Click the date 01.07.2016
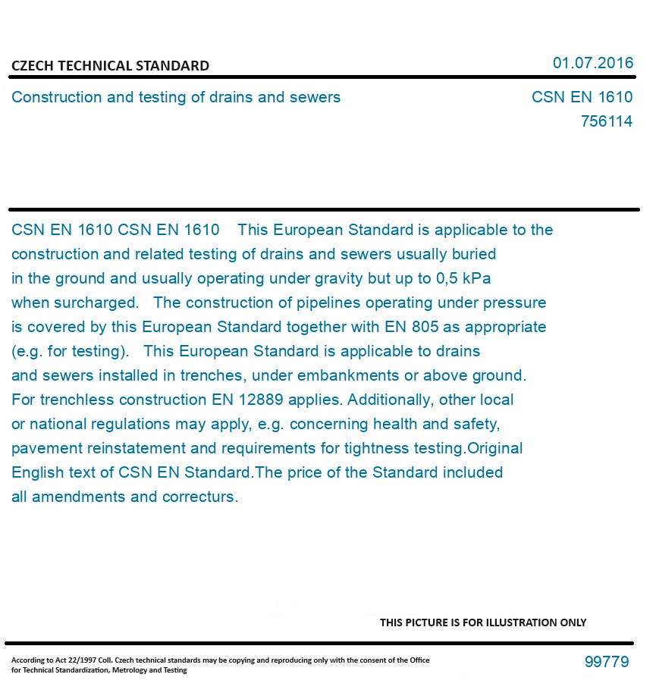[x=593, y=63]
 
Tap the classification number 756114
[x=606, y=121]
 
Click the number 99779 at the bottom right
[x=606, y=662]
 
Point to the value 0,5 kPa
[x=463, y=278]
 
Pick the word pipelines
[x=330, y=303]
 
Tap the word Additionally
[x=391, y=400]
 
